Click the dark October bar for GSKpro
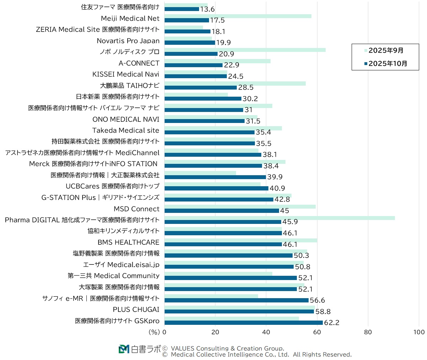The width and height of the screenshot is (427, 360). click(x=244, y=322)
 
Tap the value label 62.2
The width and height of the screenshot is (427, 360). click(x=331, y=323)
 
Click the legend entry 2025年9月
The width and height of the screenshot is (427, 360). click(x=386, y=50)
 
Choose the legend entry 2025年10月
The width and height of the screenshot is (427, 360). click(x=388, y=64)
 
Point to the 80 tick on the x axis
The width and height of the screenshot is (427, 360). click(x=368, y=332)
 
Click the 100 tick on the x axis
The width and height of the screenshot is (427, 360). click(x=419, y=332)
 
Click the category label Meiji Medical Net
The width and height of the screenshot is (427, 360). click(x=130, y=18)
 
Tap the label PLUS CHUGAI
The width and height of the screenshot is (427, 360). click(x=136, y=310)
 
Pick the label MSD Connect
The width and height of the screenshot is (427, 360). click(x=137, y=209)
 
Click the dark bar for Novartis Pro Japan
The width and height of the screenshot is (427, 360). click(x=190, y=43)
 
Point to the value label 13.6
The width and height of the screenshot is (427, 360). click(x=207, y=9)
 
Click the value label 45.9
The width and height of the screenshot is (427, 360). click(x=290, y=222)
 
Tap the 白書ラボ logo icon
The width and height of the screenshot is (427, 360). click(x=124, y=349)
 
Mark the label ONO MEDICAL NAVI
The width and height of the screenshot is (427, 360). click(x=126, y=119)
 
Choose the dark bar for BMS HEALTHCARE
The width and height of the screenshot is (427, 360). click(x=223, y=244)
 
